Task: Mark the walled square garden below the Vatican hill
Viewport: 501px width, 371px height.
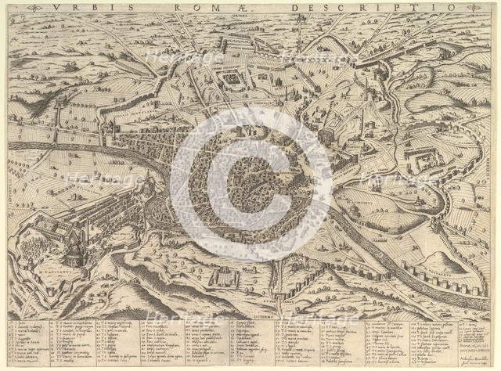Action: click(x=226, y=276)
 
